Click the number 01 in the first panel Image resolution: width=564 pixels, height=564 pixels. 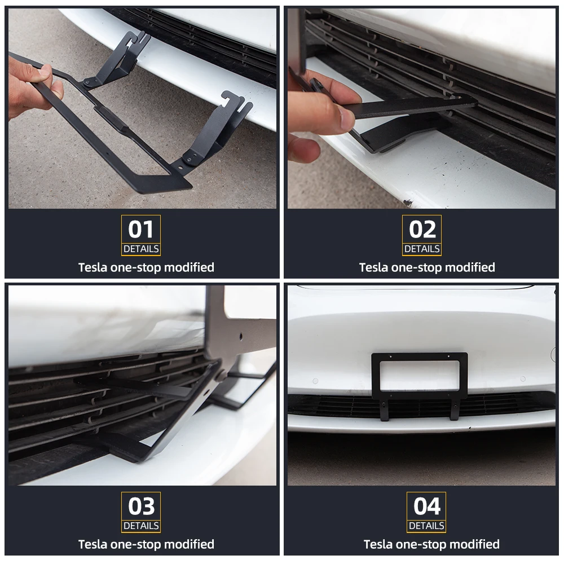coord(140,229)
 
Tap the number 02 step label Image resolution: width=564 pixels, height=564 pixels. coord(422,229)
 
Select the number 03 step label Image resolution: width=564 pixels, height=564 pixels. coord(141,506)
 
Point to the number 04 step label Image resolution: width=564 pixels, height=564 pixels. coord(426,506)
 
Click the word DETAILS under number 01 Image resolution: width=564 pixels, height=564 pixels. coord(141,249)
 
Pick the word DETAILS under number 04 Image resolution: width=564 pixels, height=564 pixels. coord(426,526)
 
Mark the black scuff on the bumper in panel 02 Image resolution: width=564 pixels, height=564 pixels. coord(408,203)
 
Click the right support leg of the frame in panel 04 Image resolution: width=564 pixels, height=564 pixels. coord(455,408)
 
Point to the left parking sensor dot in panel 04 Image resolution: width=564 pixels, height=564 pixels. coord(315,381)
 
